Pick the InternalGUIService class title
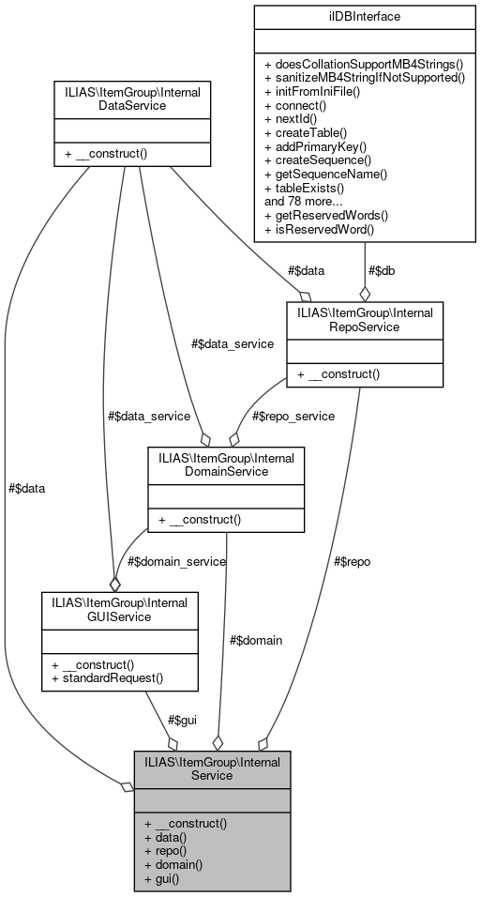[119, 610]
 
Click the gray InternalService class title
[212, 768]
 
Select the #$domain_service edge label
[176, 561]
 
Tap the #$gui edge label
[181, 720]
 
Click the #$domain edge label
[256, 640]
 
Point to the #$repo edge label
[352, 561]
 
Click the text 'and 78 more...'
[305, 201]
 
